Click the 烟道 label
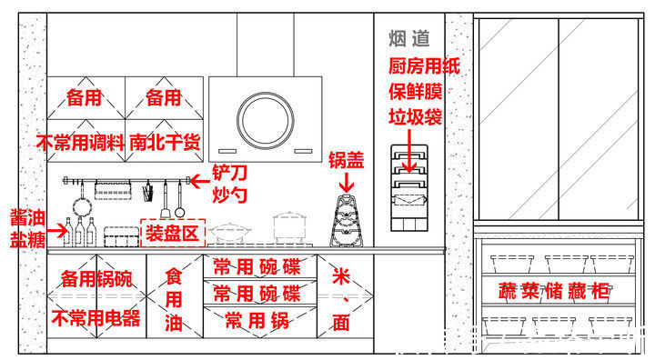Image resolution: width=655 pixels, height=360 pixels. [408, 38]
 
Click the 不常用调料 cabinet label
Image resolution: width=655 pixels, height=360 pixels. [79, 142]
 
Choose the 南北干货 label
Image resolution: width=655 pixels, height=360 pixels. [165, 142]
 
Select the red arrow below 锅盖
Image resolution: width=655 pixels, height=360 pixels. [346, 184]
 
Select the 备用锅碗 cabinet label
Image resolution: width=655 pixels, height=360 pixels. [96, 278]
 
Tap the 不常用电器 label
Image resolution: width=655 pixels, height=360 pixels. [96, 318]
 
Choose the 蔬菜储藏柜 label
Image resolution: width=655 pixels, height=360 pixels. [553, 293]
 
